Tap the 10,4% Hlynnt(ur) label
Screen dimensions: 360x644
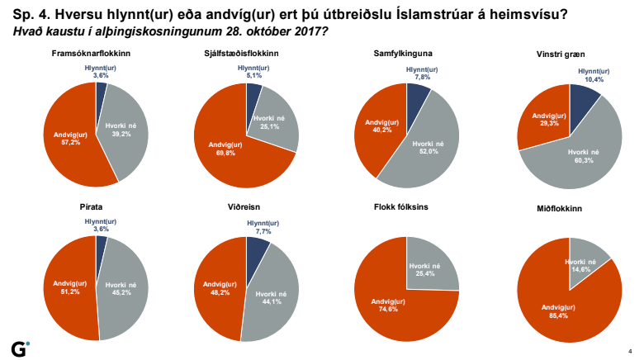591,80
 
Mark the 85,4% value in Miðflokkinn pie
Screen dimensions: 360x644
556,313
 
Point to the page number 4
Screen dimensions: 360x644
630,349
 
